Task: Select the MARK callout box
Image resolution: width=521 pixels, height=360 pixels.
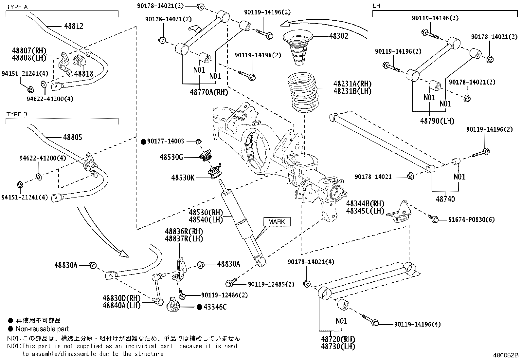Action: (x=276, y=222)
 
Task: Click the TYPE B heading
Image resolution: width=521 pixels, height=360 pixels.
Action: (x=17, y=114)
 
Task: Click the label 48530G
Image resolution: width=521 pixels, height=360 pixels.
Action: (x=171, y=157)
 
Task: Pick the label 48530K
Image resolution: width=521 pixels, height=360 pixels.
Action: (x=183, y=178)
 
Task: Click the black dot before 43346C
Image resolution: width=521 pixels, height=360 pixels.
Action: (x=199, y=307)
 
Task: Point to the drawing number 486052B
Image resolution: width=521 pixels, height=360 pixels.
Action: (x=506, y=355)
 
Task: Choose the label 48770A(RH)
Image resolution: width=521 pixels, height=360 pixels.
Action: (x=209, y=92)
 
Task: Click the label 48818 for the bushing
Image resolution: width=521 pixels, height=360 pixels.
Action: (x=83, y=73)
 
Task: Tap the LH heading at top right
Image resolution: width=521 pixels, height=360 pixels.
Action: (x=376, y=6)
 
